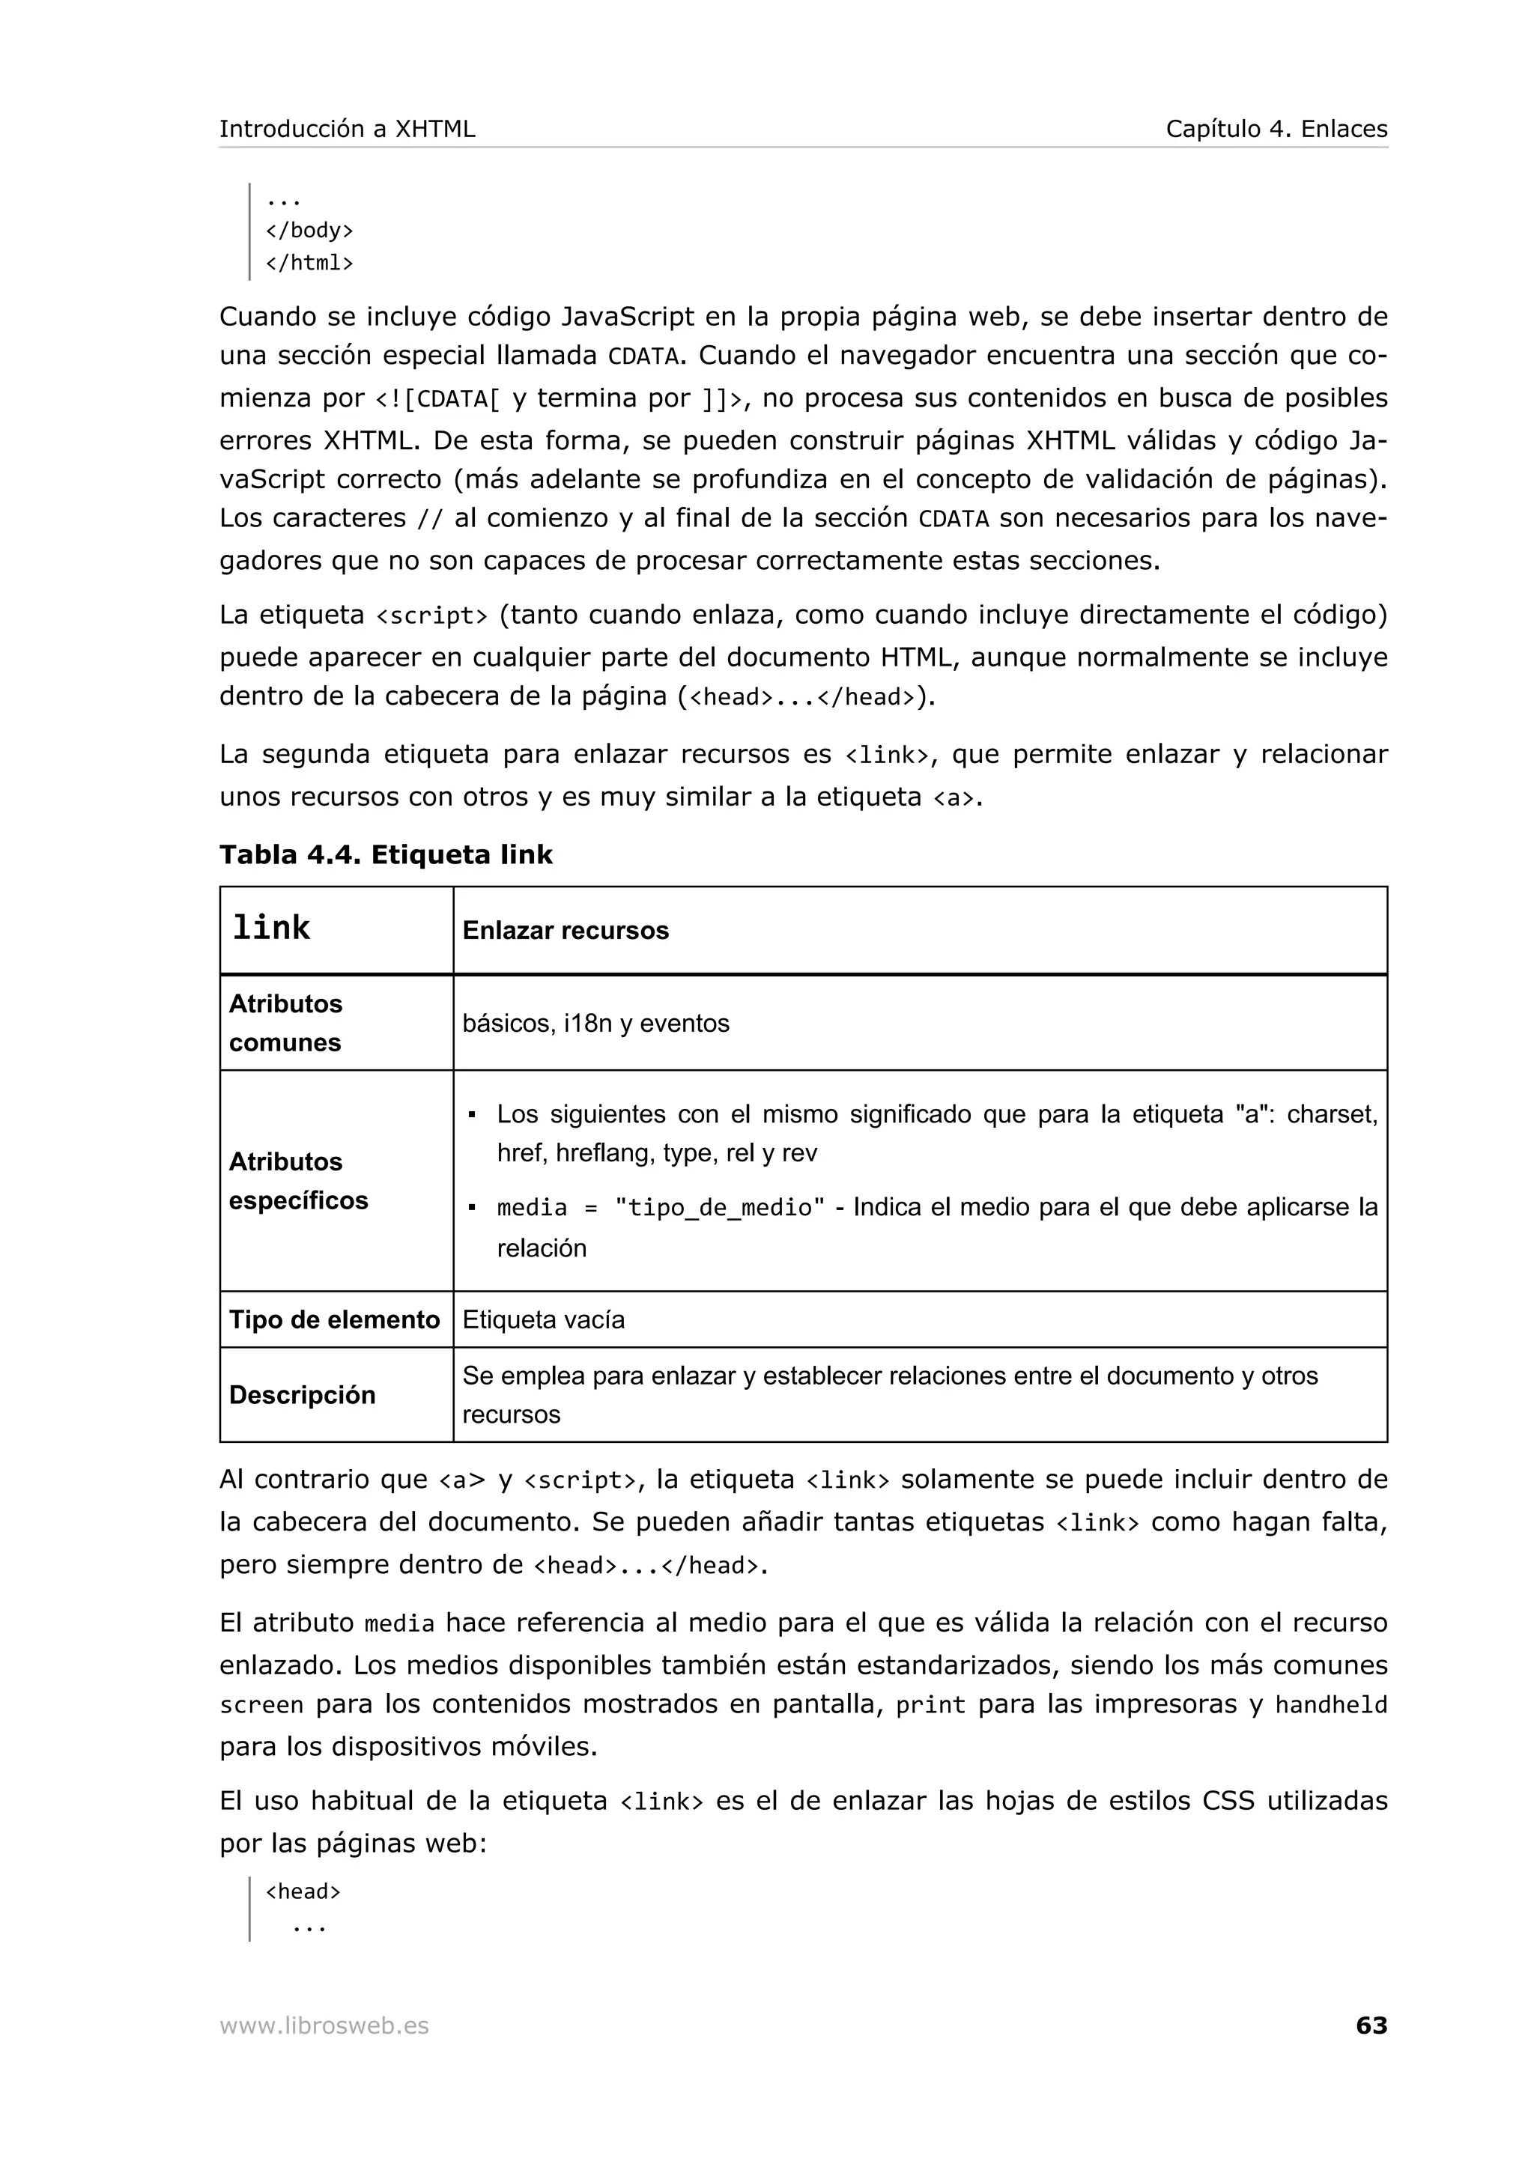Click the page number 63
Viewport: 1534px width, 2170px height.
coord(1371,2025)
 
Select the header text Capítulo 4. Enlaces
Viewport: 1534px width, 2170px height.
coord(1276,129)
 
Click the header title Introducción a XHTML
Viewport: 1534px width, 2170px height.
coord(347,129)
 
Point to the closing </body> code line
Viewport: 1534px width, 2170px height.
coord(309,231)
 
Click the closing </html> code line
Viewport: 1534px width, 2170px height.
coord(309,263)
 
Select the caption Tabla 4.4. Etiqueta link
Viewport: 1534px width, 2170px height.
coord(386,854)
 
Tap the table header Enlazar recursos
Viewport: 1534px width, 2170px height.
coord(566,931)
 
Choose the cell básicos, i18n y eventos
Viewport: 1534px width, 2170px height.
coord(595,1024)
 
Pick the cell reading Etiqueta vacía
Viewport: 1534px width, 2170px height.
coord(544,1320)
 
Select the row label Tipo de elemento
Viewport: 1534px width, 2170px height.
coord(335,1320)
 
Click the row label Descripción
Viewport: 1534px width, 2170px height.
coord(303,1395)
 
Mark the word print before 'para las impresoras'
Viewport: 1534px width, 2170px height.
coord(930,1705)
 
